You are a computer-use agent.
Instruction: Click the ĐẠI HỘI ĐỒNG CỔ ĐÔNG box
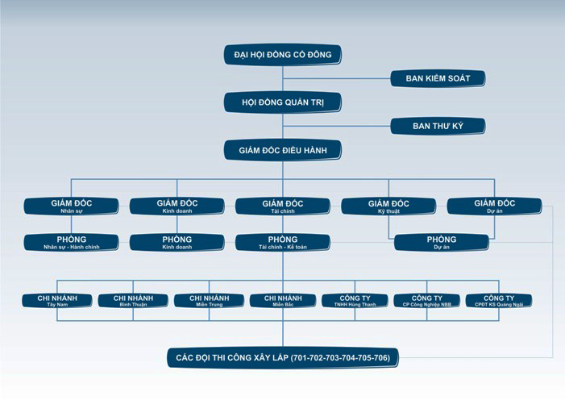click(x=283, y=55)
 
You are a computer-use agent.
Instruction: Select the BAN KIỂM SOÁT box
click(x=438, y=78)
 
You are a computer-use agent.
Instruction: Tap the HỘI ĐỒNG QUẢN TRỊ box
click(x=283, y=102)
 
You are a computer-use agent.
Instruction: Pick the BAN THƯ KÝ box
click(x=438, y=126)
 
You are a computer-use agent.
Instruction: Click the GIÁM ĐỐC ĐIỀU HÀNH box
click(x=283, y=150)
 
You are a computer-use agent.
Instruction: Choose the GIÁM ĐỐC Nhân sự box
click(x=71, y=206)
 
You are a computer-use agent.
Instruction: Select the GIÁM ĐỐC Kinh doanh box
click(x=177, y=206)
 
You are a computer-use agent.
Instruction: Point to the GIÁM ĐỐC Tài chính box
click(x=283, y=206)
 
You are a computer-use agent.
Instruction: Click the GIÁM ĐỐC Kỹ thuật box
click(x=388, y=206)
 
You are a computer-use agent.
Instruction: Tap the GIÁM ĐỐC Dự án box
click(x=494, y=206)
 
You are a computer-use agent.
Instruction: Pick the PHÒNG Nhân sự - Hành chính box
click(x=71, y=242)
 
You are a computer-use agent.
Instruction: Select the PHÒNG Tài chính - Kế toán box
click(x=283, y=242)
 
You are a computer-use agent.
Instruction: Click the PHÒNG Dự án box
click(x=441, y=242)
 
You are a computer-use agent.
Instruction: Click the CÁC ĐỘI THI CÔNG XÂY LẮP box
click(x=283, y=357)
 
